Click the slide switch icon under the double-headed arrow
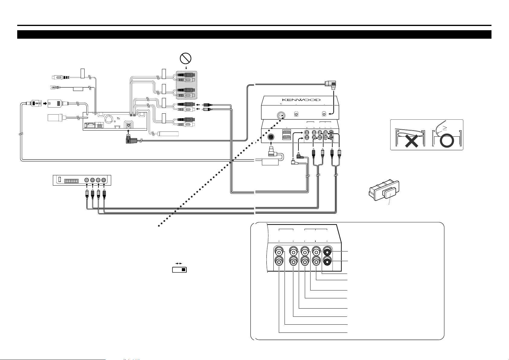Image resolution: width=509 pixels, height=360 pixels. tap(179, 270)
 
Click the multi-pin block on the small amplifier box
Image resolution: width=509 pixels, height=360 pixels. tap(71, 181)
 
